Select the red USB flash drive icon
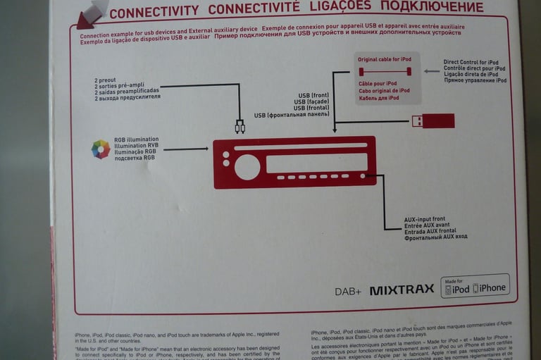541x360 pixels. click(433, 120)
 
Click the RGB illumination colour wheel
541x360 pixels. click(101, 149)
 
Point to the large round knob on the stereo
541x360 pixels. click(247, 167)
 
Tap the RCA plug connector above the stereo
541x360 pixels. click(240, 127)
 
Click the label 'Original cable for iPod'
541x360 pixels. click(384, 59)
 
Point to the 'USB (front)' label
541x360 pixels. click(314, 95)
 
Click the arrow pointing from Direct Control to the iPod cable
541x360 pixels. click(431, 71)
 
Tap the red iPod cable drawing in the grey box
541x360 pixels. click(385, 71)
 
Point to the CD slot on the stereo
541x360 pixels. click(300, 147)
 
